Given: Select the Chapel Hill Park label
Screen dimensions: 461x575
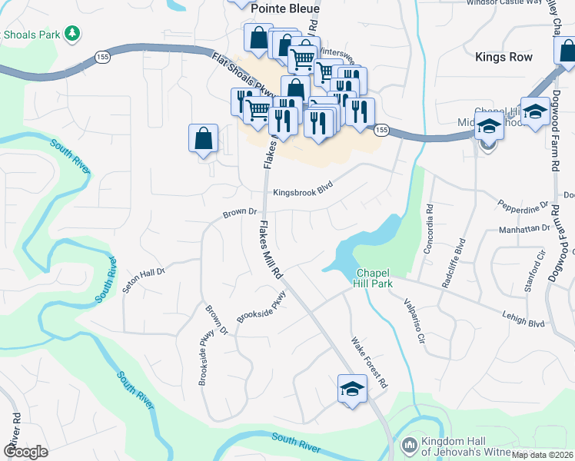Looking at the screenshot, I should coord(374,279).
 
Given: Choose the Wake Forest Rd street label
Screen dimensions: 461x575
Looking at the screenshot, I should coord(368,363).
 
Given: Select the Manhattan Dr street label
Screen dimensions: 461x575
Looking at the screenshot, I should coord(525,228).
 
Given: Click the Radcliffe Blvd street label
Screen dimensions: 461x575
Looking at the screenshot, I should coord(453,263).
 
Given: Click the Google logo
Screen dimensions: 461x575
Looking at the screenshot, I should coord(25,452).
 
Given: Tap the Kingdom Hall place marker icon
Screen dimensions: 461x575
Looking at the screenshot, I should coord(409,445).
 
